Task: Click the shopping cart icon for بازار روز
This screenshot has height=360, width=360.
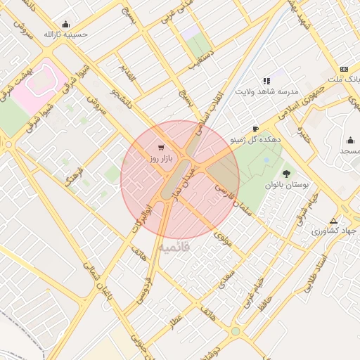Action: pyautogui.click(x=162, y=148)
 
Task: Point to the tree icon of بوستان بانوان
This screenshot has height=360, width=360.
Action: pyautogui.click(x=286, y=173)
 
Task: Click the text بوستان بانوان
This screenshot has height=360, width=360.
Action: pyautogui.click(x=287, y=185)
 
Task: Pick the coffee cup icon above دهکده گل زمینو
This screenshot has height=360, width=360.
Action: pyautogui.click(x=255, y=129)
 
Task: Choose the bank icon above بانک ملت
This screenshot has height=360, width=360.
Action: pyautogui.click(x=344, y=69)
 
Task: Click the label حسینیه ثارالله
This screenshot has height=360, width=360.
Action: pyautogui.click(x=65, y=34)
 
